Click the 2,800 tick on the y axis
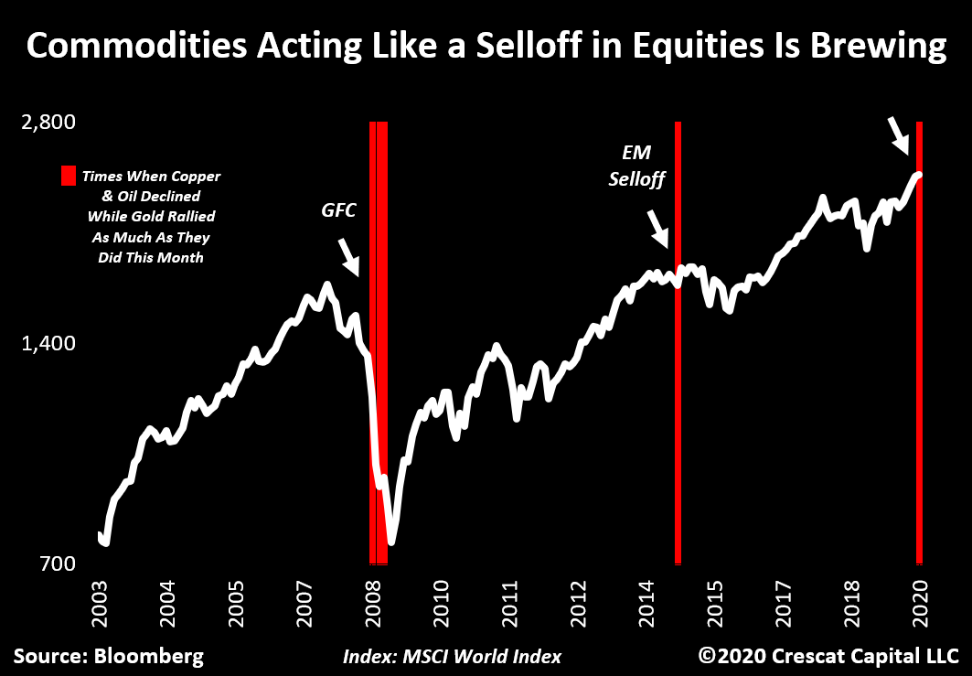49,122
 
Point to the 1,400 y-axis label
49,343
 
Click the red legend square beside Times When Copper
68,177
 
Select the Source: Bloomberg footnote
108,656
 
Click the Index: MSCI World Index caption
453,657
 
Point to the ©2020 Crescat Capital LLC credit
828,656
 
